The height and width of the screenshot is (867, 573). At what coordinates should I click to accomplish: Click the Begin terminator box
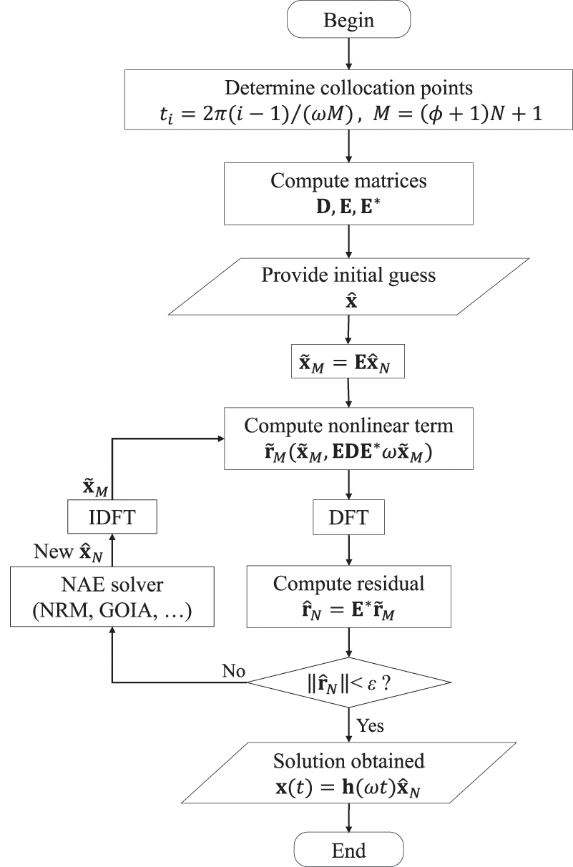click(x=348, y=20)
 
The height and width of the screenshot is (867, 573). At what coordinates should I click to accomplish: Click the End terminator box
click(x=348, y=851)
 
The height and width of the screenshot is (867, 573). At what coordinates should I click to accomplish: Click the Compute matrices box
click(x=348, y=194)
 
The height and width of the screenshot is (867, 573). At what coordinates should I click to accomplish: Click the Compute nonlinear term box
click(x=348, y=439)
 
